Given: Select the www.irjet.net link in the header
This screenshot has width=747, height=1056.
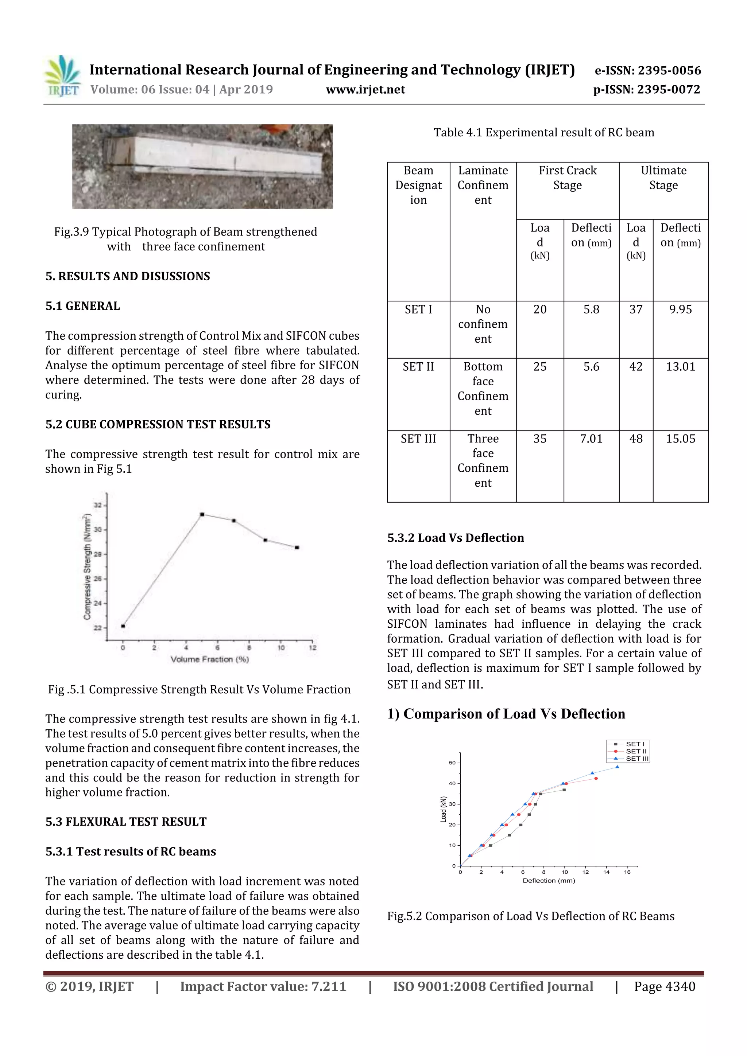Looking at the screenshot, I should [365, 90].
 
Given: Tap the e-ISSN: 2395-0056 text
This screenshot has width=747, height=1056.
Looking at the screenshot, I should [647, 70].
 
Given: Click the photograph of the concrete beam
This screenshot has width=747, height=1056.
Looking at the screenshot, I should [202, 167].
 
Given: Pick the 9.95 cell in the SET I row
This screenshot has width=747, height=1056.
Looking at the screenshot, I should [680, 309].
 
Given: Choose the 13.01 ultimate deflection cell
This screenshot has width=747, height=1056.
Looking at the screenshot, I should [680, 367].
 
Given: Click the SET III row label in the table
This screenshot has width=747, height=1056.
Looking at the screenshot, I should [418, 439].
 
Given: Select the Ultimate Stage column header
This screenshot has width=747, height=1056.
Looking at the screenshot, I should [663, 178].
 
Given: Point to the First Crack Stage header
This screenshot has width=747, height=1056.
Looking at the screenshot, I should [567, 178].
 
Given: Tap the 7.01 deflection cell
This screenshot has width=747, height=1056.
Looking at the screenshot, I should [591, 439].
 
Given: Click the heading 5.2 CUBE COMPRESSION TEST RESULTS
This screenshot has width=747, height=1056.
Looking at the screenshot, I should [158, 424].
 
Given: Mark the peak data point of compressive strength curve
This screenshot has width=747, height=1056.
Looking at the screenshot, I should [202, 514].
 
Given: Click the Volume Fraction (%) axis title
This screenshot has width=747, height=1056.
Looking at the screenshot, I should [210, 659].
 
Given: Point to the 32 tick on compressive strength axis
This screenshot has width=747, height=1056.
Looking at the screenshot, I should [98, 505].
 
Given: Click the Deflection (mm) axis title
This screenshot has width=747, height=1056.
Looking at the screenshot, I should [549, 880].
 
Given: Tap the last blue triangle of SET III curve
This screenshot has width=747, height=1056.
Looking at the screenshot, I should [617, 767].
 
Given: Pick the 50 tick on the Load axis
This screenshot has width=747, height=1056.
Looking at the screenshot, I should [452, 763].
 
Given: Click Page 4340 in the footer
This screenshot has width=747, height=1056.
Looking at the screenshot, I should [664, 986].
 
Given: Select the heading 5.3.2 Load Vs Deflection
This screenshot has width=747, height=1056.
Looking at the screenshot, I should [455, 538].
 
